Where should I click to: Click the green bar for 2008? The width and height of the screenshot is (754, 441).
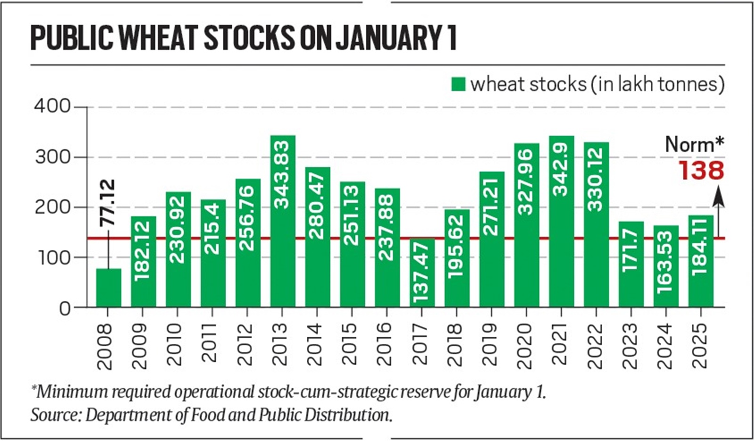click(x=108, y=288)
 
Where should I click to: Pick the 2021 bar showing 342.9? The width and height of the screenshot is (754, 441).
click(x=561, y=222)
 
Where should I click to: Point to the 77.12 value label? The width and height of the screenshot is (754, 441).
click(x=108, y=203)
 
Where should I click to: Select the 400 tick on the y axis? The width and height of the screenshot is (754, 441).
click(x=52, y=107)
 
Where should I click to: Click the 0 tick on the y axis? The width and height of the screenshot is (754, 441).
click(x=65, y=308)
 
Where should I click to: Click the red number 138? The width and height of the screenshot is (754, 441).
click(x=701, y=170)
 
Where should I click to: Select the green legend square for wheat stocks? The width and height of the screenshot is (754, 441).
click(x=458, y=84)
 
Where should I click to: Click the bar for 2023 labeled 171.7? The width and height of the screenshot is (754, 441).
click(x=631, y=264)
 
